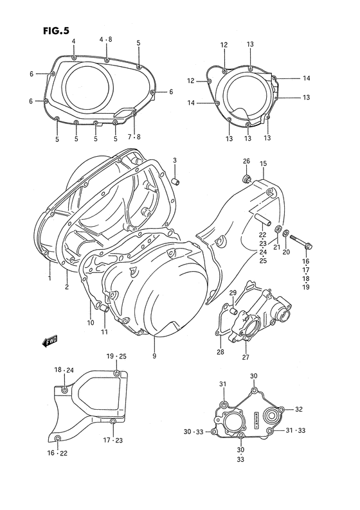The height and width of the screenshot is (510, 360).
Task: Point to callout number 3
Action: [174, 159]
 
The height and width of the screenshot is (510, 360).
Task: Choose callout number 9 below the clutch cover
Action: [154, 356]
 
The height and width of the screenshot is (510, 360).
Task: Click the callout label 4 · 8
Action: [105, 40]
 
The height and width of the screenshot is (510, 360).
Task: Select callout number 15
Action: [263, 164]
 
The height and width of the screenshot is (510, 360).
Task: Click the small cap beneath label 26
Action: [246, 178]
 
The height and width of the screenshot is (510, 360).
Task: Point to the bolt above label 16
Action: [302, 242]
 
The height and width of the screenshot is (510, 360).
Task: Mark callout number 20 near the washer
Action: [287, 253]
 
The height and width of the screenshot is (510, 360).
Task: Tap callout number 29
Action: [233, 293]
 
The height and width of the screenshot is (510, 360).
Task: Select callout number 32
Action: [299, 409]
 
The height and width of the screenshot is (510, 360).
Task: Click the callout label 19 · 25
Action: [117, 356]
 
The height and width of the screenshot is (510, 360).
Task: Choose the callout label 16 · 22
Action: [58, 454]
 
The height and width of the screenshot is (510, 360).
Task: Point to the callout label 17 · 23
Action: [113, 440]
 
